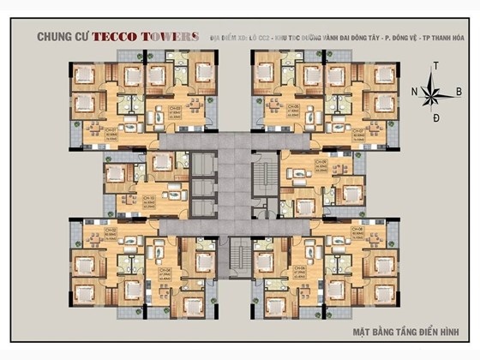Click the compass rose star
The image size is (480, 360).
point(435,90)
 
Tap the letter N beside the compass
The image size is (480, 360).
point(414,90)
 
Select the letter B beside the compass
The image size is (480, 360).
point(459,90)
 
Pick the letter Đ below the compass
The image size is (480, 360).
point(435,115)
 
